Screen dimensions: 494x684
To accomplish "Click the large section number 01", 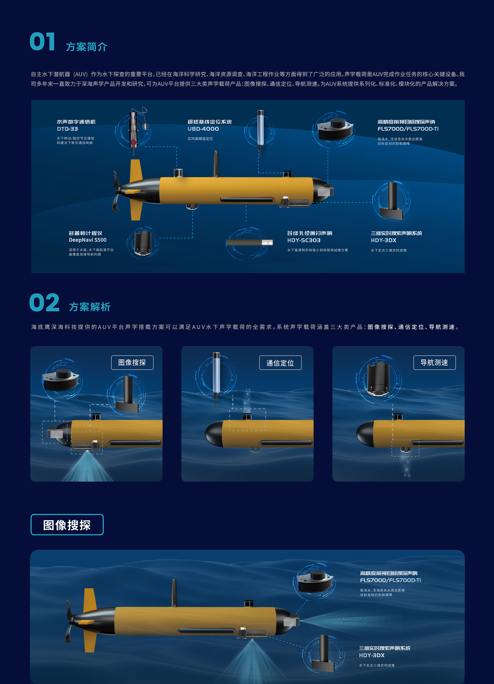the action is click(42, 42).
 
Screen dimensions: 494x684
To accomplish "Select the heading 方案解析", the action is click(90, 307).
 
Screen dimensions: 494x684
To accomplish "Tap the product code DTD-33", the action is click(67, 129).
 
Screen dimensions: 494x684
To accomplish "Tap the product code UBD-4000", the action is click(203, 129).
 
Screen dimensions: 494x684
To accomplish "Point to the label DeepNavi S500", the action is click(87, 240).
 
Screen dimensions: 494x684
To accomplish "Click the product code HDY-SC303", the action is click(304, 240).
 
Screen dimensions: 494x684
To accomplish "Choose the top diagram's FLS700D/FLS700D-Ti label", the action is click(408, 129).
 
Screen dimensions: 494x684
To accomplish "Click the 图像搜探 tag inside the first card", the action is click(132, 363).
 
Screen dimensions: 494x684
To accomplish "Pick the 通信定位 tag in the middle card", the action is click(280, 363).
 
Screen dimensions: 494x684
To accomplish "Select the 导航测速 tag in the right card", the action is click(435, 363).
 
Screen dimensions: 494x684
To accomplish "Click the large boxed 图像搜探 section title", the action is click(67, 525).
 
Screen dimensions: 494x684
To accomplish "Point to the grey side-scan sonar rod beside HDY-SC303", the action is click(249, 242).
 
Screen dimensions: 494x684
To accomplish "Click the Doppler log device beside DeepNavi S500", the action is click(143, 243).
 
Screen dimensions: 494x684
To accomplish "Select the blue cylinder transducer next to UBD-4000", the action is click(260, 130).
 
